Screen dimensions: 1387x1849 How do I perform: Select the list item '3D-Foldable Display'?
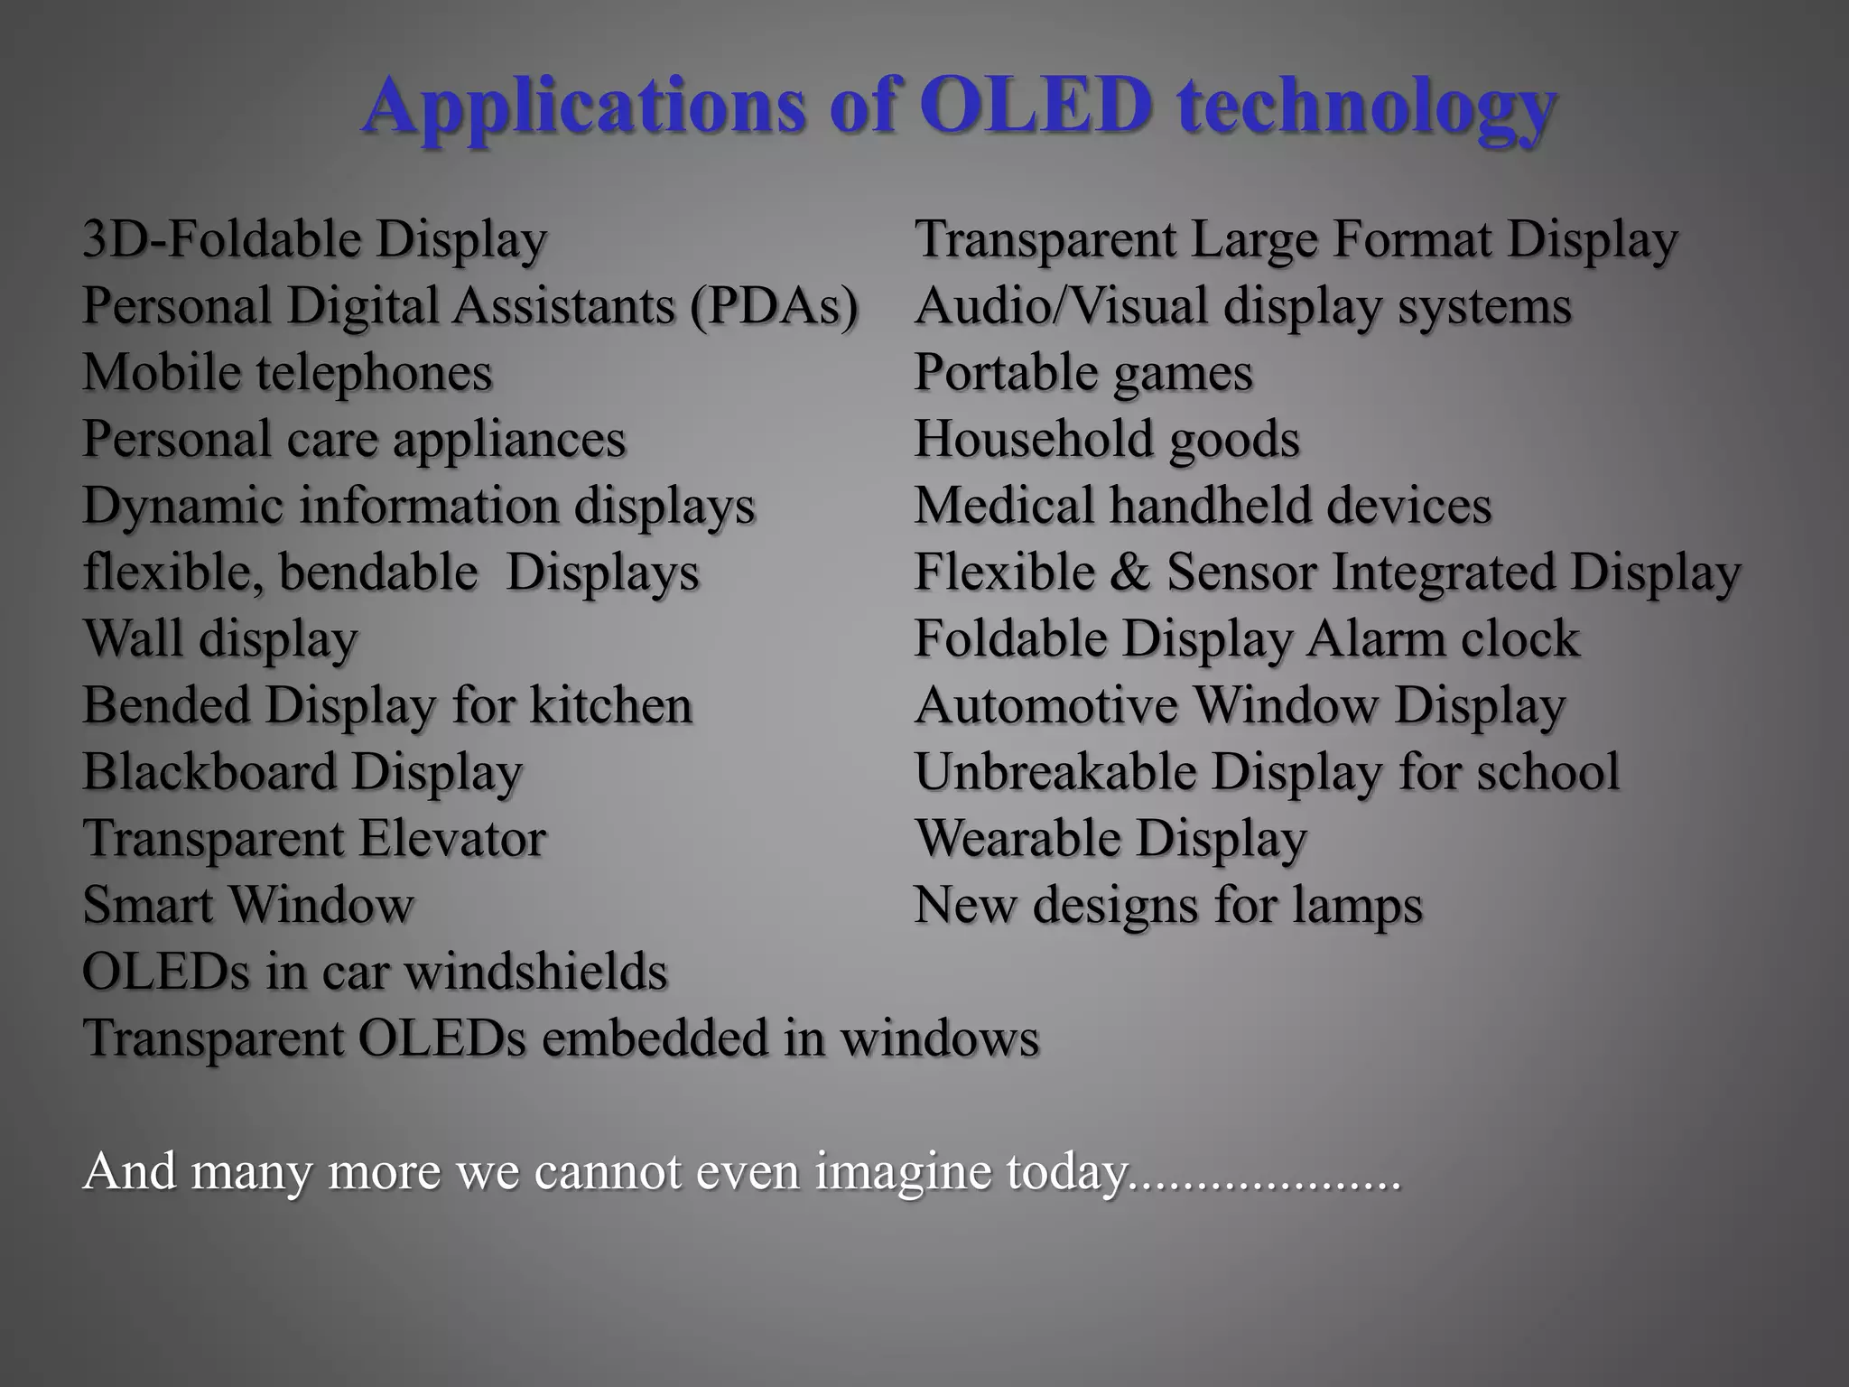tap(314, 240)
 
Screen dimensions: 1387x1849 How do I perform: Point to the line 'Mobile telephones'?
tap(287, 373)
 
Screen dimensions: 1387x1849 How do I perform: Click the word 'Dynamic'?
tap(183, 507)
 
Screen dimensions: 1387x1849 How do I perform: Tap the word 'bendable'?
tap(378, 572)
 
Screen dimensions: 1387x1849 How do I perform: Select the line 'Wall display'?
tap(220, 639)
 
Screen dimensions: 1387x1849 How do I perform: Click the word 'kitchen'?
tap(610, 705)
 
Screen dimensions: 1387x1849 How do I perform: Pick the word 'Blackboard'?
tap(209, 772)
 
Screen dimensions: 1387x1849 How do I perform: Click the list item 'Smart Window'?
tap(248, 905)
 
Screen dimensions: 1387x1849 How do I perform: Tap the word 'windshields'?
tap(535, 972)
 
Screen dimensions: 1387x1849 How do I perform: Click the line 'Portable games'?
tap(1083, 373)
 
